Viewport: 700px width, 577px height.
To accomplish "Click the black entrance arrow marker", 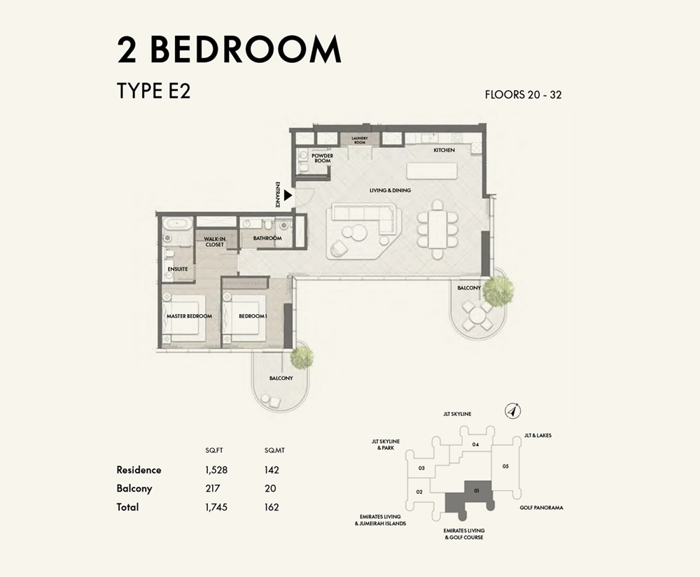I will (x=288, y=187).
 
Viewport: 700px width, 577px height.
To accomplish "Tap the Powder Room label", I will (x=322, y=158).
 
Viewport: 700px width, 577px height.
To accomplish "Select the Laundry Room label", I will (x=360, y=140).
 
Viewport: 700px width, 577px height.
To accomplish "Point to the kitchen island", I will (x=431, y=171).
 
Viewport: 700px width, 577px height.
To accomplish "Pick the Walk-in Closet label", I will (x=214, y=241).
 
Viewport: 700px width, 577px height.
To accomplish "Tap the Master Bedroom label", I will (x=189, y=316).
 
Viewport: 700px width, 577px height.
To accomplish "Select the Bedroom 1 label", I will (x=252, y=316).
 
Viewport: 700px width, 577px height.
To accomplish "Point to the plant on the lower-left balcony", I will (x=302, y=356).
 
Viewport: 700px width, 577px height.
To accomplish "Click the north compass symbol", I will (x=513, y=411).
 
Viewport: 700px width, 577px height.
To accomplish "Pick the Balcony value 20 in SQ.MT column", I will (x=271, y=489).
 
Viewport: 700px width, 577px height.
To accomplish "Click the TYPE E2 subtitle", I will (x=153, y=92).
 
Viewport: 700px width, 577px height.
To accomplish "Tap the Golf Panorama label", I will (x=541, y=508).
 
